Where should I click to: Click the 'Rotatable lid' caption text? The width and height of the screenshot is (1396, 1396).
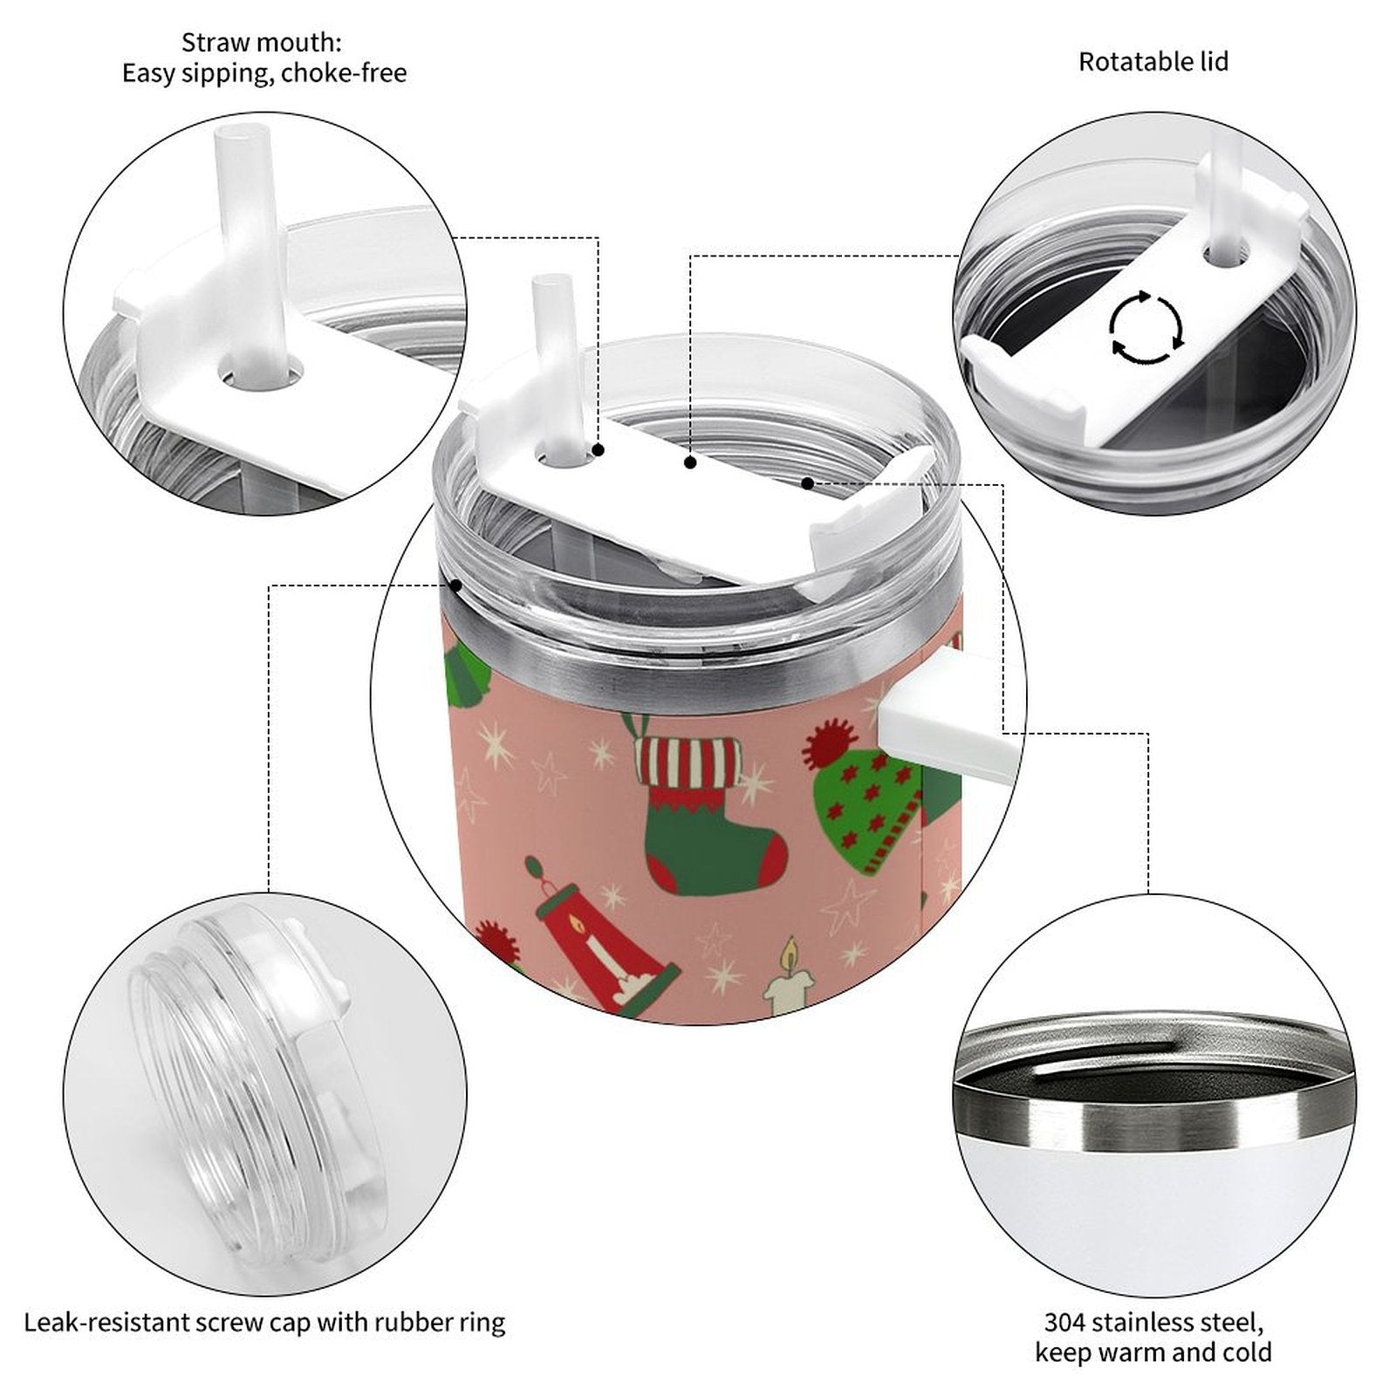(x=1153, y=62)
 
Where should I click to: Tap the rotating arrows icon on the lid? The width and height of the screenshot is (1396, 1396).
(x=1146, y=328)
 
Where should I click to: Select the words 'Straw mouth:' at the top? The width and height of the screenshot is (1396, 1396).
(x=261, y=42)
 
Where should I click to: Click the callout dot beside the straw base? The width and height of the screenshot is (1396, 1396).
(x=599, y=449)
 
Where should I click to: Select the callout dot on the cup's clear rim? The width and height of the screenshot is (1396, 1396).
(x=456, y=585)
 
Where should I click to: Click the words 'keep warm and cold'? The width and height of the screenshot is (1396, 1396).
(x=1153, y=1353)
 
